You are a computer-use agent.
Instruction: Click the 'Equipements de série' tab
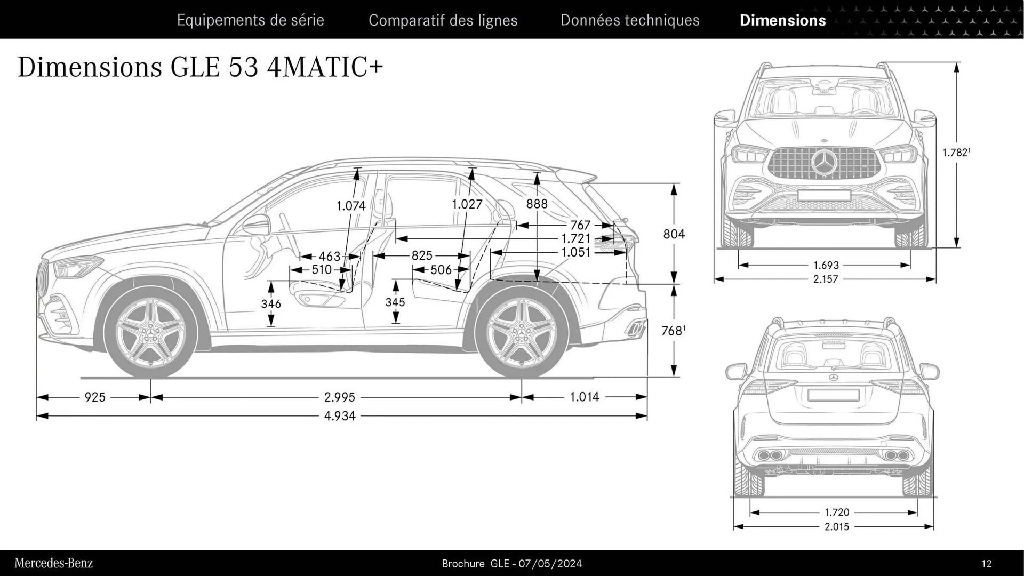pos(250,20)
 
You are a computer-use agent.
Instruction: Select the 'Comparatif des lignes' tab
pos(443,20)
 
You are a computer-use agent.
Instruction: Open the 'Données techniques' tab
pos(629,20)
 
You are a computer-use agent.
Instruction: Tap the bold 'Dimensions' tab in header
pos(782,20)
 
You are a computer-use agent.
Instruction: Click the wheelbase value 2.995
pos(339,397)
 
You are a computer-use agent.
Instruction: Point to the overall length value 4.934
pos(339,416)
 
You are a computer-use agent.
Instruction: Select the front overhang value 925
pos(95,397)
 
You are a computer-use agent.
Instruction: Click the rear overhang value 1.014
pos(584,397)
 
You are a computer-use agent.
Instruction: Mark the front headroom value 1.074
pos(351,206)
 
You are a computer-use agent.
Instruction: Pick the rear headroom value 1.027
pos(467,204)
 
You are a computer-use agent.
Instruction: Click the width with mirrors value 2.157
pos(825,279)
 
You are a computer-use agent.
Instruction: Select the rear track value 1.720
pos(836,513)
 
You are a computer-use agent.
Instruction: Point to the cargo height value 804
pos(674,234)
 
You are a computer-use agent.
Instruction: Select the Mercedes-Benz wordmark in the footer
pos(53,563)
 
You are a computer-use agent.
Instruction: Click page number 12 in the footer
pos(986,564)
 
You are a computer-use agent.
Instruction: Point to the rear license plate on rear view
pos(833,395)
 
